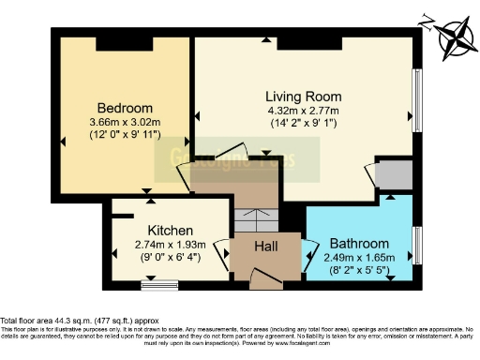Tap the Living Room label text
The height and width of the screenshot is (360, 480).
pos(303,97)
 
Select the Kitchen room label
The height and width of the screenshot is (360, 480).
pos(170,230)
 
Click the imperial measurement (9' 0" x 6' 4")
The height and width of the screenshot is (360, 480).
pos(170,259)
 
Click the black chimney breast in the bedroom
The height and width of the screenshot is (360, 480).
pos(117,43)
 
